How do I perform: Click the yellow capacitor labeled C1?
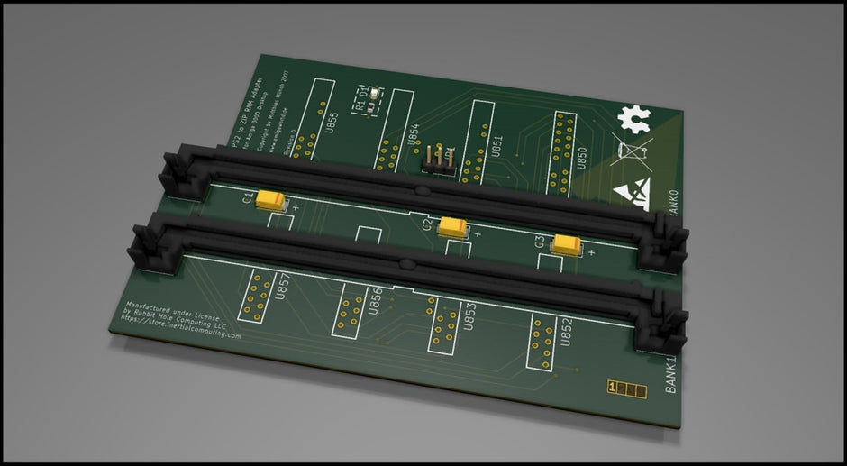[x=269, y=200]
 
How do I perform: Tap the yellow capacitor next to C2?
[x=452, y=227]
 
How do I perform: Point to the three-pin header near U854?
[x=439, y=158]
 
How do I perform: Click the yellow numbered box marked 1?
[x=614, y=388]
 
